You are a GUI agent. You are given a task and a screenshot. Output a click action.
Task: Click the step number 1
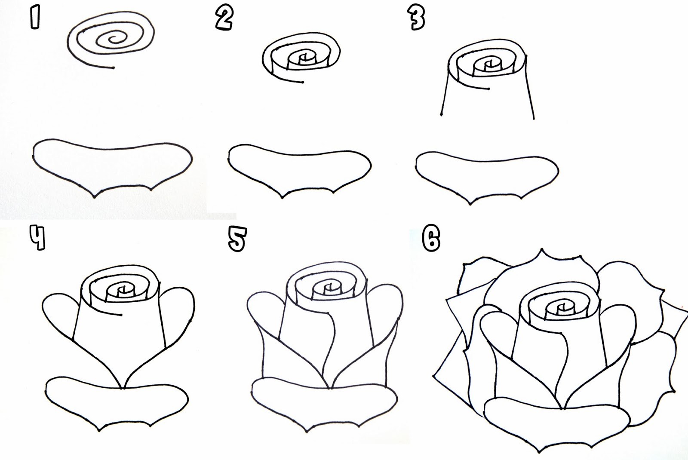tap(35, 18)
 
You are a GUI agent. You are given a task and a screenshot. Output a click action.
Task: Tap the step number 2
tap(224, 18)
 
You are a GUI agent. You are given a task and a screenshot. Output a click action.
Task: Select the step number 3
tap(416, 18)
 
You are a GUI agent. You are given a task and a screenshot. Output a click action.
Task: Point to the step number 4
tap(37, 238)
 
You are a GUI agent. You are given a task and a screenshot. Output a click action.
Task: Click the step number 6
tap(431, 239)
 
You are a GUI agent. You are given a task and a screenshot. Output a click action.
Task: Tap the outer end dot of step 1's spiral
tap(113, 68)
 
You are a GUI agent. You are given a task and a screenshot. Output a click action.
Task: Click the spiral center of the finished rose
tap(561, 307)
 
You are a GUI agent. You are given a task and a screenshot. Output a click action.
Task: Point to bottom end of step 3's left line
tap(442, 114)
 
